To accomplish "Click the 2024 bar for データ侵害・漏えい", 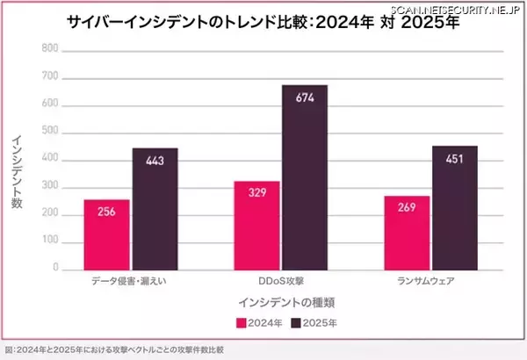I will click(x=107, y=234).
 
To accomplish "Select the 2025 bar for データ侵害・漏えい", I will click(x=155, y=208).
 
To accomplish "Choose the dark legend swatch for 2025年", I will click(x=295, y=323).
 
